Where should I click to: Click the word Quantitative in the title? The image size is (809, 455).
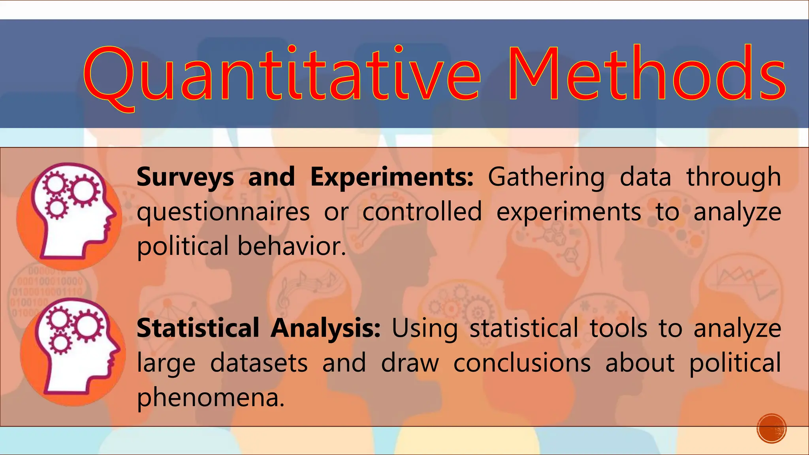281,75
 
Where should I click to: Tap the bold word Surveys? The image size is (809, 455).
185,177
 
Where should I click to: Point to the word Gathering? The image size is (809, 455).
546,177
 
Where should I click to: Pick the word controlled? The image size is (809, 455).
422,212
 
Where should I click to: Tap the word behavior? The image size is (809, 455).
292,246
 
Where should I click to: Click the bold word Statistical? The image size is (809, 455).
198,328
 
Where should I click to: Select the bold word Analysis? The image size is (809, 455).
325,329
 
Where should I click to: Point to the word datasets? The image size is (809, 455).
259,363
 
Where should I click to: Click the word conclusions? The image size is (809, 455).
522,363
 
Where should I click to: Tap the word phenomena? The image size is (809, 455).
210,398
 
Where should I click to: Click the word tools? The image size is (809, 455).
618,328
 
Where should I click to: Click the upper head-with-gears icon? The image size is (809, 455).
69,215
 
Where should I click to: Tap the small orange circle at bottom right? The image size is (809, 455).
771,428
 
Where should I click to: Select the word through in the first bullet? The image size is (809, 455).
733,177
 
